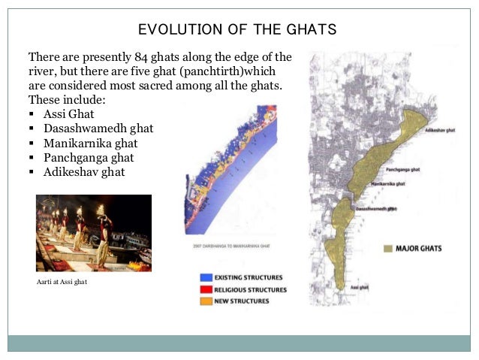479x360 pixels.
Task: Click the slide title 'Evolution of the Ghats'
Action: click(x=237, y=30)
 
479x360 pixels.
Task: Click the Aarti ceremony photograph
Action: click(x=94, y=233)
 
